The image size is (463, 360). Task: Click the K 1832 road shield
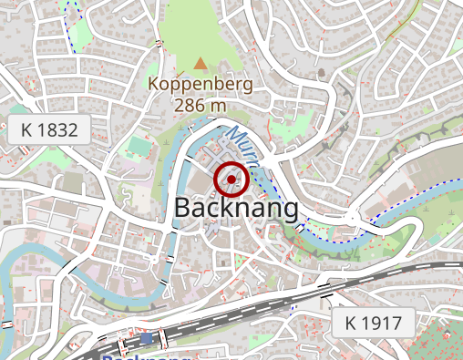[49, 130]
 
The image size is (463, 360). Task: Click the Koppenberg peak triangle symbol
[201, 64]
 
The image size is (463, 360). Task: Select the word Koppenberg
[201, 86]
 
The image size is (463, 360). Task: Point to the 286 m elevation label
[201, 105]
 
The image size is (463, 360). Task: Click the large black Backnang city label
[236, 209]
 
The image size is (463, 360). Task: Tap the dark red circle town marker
[231, 180]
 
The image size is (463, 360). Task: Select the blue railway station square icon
[148, 339]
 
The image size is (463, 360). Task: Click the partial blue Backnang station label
[146, 356]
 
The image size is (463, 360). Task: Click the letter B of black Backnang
[181, 209]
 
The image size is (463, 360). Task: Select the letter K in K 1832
[26, 130]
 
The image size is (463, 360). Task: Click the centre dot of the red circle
[231, 180]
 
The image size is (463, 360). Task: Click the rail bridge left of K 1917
[324, 290]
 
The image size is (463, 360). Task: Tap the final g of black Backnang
[290, 211]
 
